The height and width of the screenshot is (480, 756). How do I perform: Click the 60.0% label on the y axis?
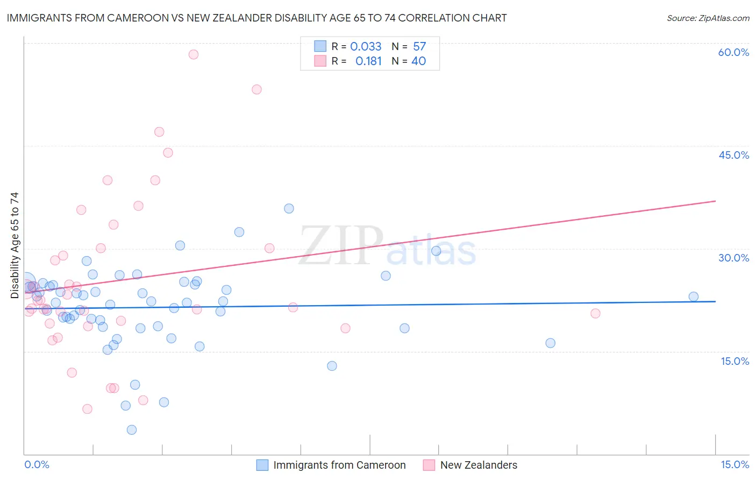[x=733, y=52]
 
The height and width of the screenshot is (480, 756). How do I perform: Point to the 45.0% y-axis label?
[x=733, y=155]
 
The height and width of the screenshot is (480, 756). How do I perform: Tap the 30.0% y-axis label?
[x=733, y=258]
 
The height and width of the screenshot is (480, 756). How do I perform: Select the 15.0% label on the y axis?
[x=734, y=361]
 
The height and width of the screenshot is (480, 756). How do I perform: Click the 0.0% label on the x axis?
[x=37, y=464]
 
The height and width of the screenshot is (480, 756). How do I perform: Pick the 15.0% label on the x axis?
[x=734, y=464]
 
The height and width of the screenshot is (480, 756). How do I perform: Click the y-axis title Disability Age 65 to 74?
[x=15, y=245]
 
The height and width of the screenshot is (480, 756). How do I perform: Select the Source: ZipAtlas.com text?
[x=708, y=18]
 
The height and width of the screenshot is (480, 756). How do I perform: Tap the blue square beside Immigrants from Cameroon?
[x=262, y=465]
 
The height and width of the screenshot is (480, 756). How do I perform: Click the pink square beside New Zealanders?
[x=429, y=465]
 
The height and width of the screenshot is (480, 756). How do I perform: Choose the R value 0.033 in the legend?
[x=366, y=47]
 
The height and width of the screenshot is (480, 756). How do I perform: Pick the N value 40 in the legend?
[x=418, y=61]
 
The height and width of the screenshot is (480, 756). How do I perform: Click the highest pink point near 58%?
[x=194, y=54]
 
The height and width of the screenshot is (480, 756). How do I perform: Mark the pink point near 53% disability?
[x=256, y=89]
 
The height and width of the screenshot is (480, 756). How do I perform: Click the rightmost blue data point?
[x=694, y=297]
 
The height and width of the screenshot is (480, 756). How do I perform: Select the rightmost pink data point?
[x=595, y=314]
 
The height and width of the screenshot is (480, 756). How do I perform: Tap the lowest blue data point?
[x=132, y=429]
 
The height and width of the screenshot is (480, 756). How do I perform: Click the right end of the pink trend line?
[x=715, y=201]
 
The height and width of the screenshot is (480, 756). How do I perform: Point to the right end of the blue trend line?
[x=715, y=301]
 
